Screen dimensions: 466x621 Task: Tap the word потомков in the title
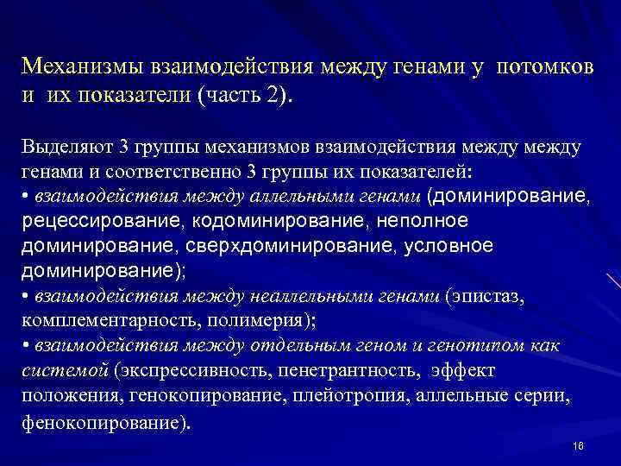[545, 66]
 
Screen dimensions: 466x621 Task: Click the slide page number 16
[578, 445]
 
